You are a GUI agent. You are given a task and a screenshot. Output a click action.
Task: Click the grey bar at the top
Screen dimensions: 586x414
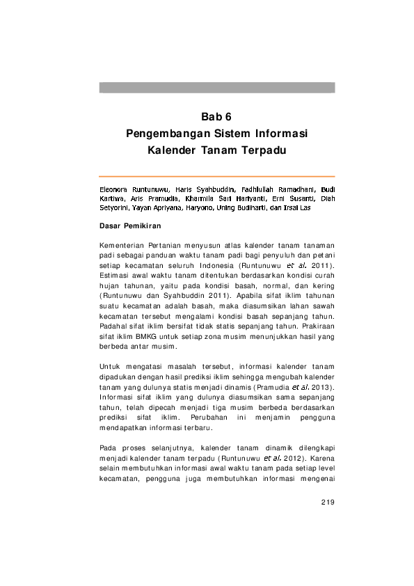(216, 88)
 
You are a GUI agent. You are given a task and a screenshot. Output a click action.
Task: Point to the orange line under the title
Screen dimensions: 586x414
(216, 176)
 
